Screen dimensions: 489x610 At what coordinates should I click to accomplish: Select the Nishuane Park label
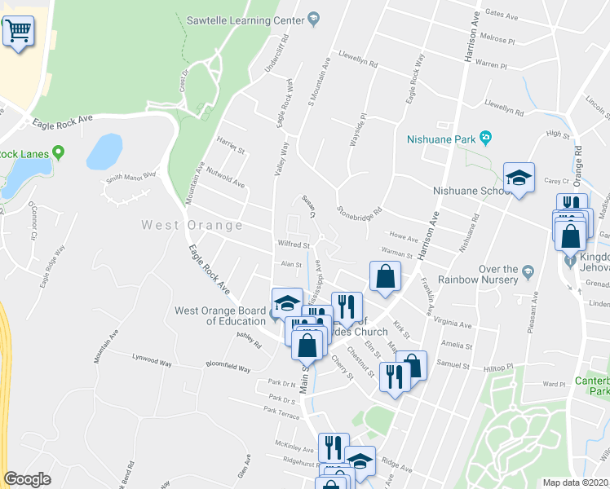(440, 139)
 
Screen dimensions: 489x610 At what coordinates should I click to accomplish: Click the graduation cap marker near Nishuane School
(519, 178)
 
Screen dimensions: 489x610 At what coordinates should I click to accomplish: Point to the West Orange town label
(192, 225)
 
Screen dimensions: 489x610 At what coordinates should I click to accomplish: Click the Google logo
(27, 479)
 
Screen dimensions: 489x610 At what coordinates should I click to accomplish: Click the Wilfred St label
(294, 244)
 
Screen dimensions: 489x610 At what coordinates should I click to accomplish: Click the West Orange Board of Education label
(219, 315)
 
